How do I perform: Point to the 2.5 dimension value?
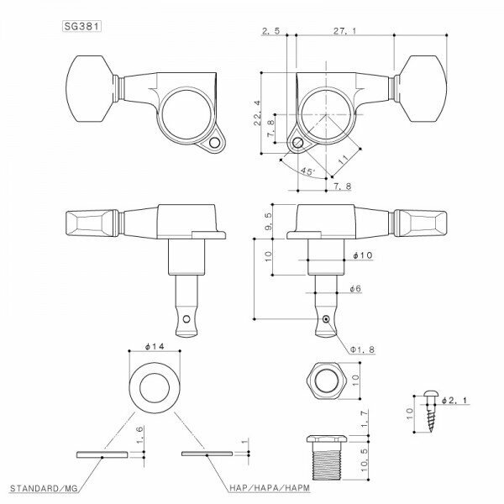pyautogui.click(x=270, y=31)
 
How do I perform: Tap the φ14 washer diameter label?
pyautogui.click(x=152, y=346)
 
